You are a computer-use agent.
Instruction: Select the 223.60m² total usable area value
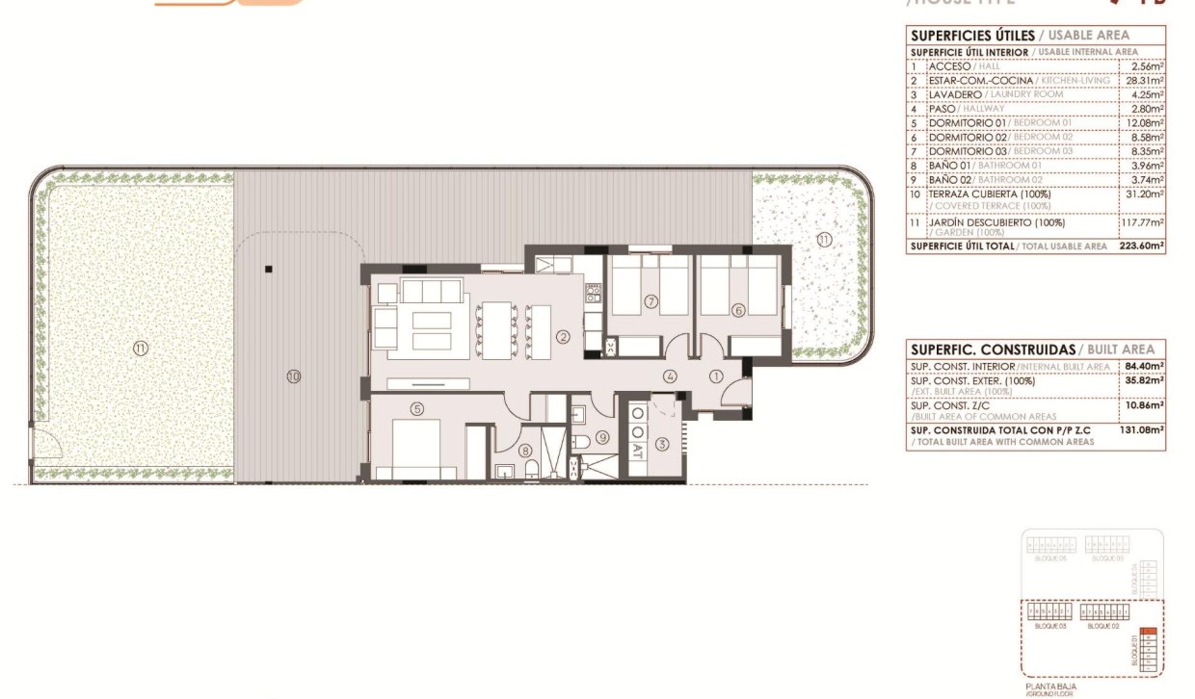pyautogui.click(x=1143, y=246)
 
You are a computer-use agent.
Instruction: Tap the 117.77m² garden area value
pyautogui.click(x=1144, y=222)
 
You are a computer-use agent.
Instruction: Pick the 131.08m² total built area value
pyautogui.click(x=1143, y=430)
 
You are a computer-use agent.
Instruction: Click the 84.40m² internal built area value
pyautogui.click(x=1144, y=366)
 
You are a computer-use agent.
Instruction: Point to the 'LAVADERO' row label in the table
pyautogui.click(x=956, y=94)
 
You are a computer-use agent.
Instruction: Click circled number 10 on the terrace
pyautogui.click(x=293, y=375)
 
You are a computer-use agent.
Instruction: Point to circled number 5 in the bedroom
pyautogui.click(x=416, y=408)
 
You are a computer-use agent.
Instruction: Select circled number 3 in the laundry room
pyautogui.click(x=662, y=444)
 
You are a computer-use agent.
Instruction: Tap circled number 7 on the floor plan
pyautogui.click(x=651, y=302)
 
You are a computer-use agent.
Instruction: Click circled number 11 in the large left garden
pyautogui.click(x=141, y=349)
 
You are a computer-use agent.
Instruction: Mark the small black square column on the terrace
pyautogui.click(x=271, y=269)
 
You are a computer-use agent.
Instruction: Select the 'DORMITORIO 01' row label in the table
pyautogui.click(x=967, y=123)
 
